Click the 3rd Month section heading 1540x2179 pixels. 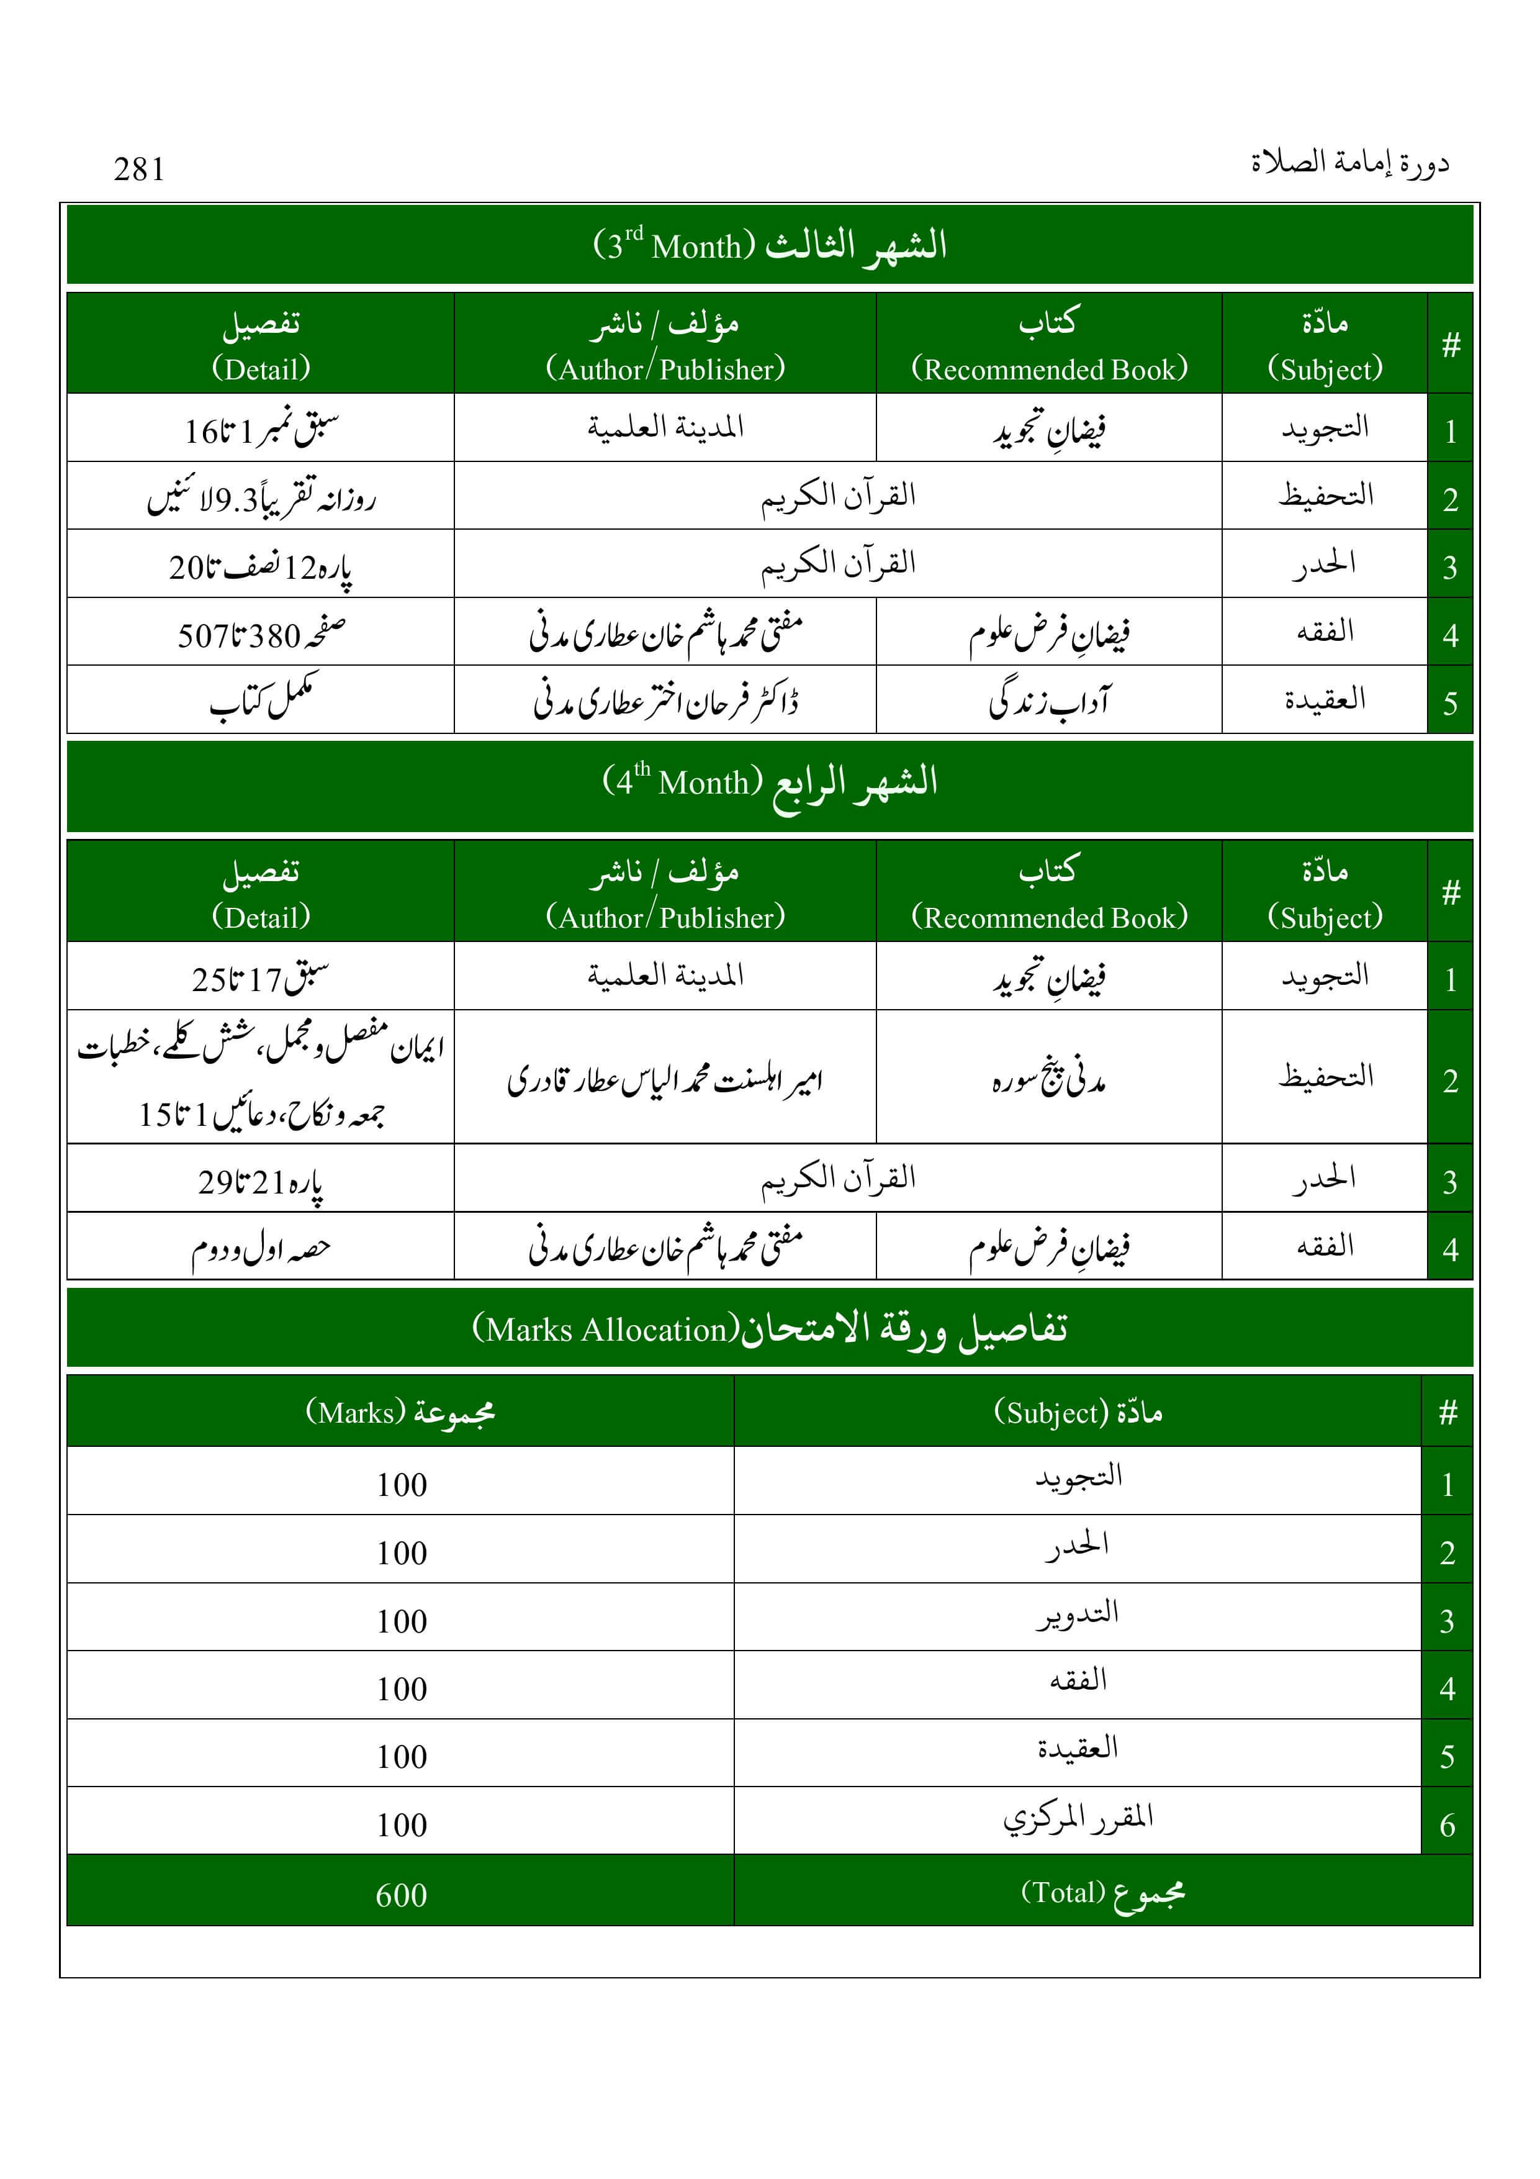coord(770,245)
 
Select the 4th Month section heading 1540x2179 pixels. coord(770,782)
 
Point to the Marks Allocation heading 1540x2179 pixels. coord(770,1329)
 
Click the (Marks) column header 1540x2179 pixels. coord(400,1412)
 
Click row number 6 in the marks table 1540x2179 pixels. coord(1447,1824)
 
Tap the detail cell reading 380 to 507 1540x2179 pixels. coord(261,633)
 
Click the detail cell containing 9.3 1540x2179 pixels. coord(261,497)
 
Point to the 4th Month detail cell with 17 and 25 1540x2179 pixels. coord(261,977)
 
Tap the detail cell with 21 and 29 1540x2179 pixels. coord(261,1180)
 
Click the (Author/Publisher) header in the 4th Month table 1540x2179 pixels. coord(665,916)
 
